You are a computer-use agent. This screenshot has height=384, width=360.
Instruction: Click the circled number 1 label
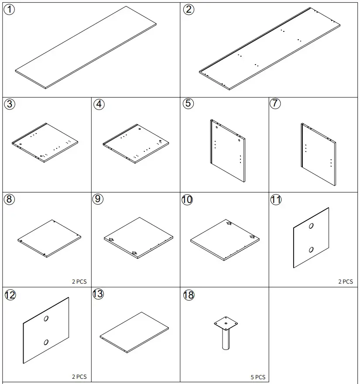coord(9,10)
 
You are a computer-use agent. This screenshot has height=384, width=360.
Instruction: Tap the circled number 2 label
coord(189,10)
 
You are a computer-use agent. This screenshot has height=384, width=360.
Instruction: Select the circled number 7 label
coord(275,103)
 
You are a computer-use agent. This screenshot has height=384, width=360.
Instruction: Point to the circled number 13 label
coord(98,294)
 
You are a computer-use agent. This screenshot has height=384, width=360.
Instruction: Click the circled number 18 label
coord(189,295)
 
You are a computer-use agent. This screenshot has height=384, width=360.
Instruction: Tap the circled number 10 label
coord(187,199)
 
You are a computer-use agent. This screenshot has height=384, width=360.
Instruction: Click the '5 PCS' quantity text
coord(258,377)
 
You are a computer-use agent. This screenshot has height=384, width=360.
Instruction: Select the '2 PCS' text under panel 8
coord(79,281)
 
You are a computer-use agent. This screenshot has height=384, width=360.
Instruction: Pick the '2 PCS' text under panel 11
coord(346,281)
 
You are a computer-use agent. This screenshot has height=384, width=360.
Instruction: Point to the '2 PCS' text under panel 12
coord(79,377)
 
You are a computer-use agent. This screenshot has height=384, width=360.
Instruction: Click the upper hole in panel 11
coord(311,226)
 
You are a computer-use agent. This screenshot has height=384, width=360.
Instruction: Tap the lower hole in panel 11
coord(311,250)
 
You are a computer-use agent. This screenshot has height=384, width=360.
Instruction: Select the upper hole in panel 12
coord(46,319)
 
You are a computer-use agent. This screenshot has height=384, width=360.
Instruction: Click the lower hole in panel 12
coord(46,342)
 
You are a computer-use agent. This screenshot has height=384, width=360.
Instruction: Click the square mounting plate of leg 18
coord(226,323)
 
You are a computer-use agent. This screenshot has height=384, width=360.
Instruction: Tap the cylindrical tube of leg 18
coord(226,339)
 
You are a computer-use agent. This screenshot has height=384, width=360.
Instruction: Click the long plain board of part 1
coord(86,48)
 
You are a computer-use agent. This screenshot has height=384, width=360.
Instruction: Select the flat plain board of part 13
coord(134,333)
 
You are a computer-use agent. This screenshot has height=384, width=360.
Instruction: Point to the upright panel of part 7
coord(319,154)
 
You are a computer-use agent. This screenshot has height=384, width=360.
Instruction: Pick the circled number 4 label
coord(99,104)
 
